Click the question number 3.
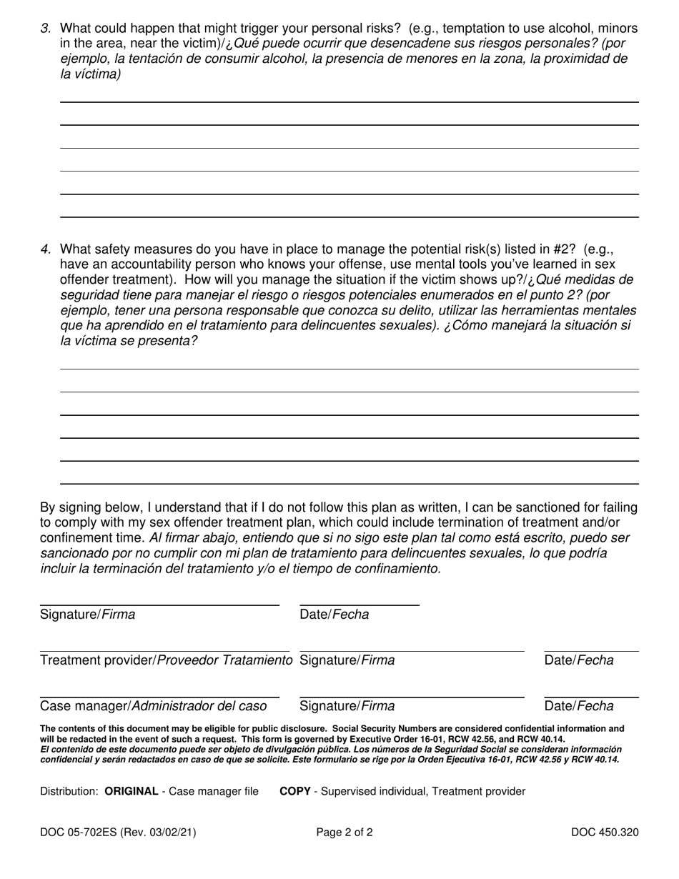point(46,29)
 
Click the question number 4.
point(46,249)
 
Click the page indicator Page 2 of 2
point(345,832)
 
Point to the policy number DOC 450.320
point(605,832)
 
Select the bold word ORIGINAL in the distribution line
point(132,791)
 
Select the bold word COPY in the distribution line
point(294,791)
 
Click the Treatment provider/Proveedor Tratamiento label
point(166,660)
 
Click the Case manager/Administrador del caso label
point(153,706)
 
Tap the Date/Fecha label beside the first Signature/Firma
point(334,615)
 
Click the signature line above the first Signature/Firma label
point(159,605)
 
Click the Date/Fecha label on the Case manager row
point(579,706)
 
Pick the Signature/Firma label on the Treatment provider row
point(347,660)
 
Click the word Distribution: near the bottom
point(69,791)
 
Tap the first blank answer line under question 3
point(349,102)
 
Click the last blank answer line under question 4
point(349,484)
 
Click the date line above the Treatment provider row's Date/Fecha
point(591,651)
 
